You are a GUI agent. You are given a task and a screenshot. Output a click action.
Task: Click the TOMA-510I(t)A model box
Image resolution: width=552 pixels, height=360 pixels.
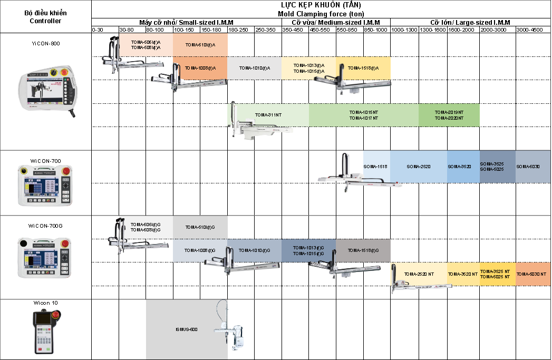click(200, 45)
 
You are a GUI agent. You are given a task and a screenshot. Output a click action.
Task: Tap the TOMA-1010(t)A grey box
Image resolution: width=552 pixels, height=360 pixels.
click(255, 68)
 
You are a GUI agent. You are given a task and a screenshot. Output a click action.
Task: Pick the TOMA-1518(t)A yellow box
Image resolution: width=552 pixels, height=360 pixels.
click(363, 68)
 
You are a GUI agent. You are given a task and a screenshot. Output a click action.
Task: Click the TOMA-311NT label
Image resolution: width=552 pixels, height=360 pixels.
click(267, 114)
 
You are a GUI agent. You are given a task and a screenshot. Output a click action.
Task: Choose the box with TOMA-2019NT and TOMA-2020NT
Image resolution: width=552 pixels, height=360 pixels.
click(449, 115)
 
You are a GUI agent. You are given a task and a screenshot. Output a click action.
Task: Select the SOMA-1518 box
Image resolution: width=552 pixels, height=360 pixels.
click(376, 167)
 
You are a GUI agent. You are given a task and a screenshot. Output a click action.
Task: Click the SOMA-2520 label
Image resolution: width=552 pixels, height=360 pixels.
click(419, 167)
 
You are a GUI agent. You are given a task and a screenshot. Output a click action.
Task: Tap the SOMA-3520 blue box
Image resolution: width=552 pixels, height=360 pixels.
click(459, 167)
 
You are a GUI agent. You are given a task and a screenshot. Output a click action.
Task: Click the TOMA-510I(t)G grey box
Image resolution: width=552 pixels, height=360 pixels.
click(200, 227)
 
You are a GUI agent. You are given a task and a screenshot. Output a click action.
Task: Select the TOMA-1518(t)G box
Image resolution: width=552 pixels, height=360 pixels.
click(363, 250)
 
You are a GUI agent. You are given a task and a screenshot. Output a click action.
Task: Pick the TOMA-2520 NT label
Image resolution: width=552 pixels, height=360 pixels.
click(419, 274)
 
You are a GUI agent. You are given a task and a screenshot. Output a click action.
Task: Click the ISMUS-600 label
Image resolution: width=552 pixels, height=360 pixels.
click(187, 329)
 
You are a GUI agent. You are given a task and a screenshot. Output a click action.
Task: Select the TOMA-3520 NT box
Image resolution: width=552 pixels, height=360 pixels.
click(463, 274)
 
